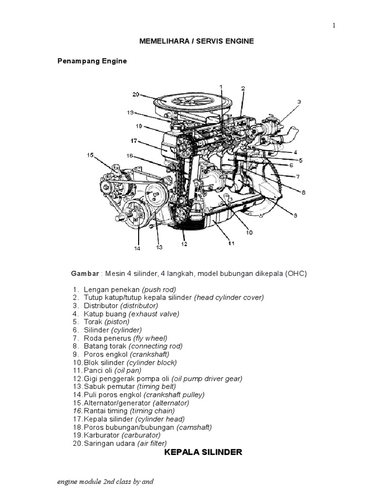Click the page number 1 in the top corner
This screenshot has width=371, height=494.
point(333,26)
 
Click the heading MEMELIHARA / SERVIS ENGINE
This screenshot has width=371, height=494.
point(196,42)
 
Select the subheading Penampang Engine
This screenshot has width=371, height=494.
point(92,61)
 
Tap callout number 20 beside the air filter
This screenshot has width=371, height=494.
point(136,95)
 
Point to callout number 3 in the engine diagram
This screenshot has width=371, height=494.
point(299,102)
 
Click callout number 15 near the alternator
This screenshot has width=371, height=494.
point(90,155)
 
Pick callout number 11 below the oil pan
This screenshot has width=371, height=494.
point(231,243)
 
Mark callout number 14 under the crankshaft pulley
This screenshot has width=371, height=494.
point(138,248)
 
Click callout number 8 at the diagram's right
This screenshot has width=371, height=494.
point(303,192)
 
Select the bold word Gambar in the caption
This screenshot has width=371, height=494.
point(85,274)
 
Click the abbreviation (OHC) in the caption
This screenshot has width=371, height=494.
point(296,274)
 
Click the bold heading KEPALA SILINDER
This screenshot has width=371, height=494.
point(203,453)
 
